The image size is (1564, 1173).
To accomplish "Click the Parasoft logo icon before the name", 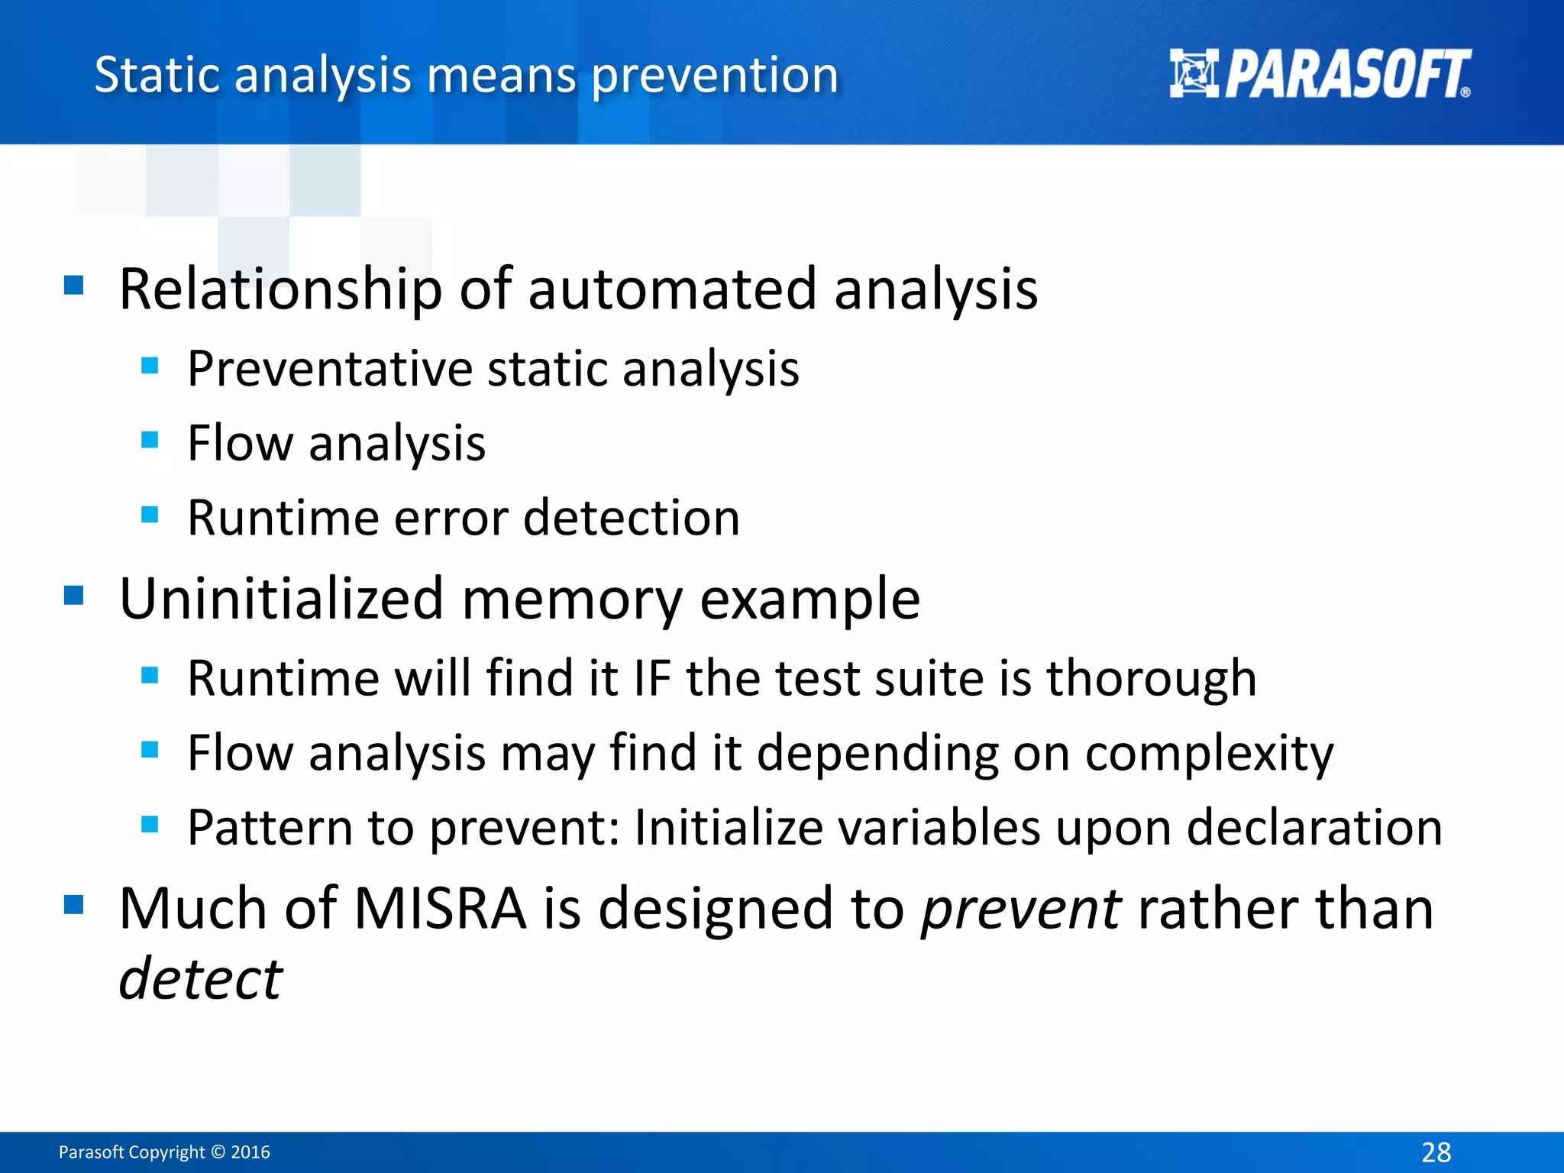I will point(1194,74).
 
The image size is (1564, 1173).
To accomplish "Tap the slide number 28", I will point(1436,1152).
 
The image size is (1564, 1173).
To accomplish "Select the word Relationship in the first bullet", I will point(280,290).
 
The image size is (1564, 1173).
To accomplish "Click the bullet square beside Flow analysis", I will point(150,440).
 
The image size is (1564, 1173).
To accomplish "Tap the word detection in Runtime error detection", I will point(632,519).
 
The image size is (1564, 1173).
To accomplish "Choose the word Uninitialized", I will point(281,599).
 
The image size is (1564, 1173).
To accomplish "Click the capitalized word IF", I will point(652,678).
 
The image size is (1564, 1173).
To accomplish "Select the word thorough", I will point(1151,678).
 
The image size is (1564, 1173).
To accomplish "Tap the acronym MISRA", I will point(440,909).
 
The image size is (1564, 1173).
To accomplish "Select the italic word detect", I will point(201,979).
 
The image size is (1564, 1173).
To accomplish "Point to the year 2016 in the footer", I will point(250,1152).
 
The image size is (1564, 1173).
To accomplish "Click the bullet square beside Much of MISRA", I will point(73,905).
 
